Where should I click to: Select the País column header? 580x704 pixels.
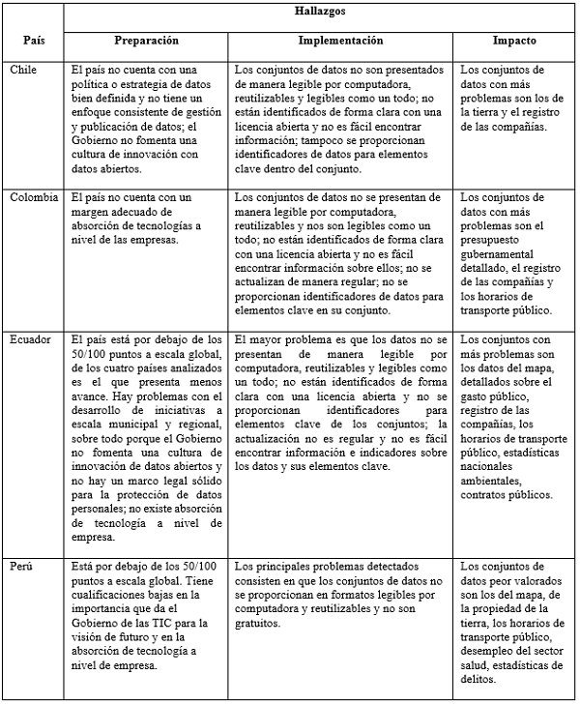pos(33,43)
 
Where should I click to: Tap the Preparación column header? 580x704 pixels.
pos(147,42)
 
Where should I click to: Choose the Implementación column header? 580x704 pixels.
pos(341,42)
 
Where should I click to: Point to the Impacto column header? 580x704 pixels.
pos(514,42)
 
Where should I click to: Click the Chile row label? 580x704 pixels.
pos(24,72)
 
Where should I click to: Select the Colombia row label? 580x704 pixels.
pos(34,197)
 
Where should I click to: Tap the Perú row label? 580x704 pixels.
pos(23,566)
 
